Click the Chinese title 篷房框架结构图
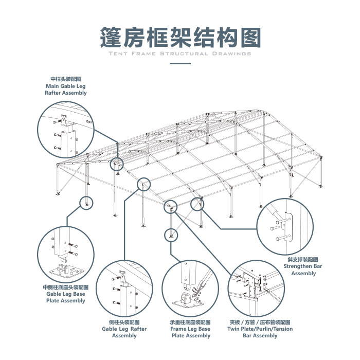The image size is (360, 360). coord(180,37)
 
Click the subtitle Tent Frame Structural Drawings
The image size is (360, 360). coord(180,53)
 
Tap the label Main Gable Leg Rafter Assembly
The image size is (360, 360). coord(66,89)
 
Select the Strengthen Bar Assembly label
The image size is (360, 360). coord(303,270)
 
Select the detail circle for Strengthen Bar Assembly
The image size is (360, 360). coord(284,225)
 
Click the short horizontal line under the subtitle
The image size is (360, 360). coord(180,64)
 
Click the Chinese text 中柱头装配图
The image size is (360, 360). coord(66,79)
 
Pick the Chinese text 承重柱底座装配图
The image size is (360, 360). coord(191,322)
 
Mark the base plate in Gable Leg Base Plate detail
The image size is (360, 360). coord(64,271)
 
